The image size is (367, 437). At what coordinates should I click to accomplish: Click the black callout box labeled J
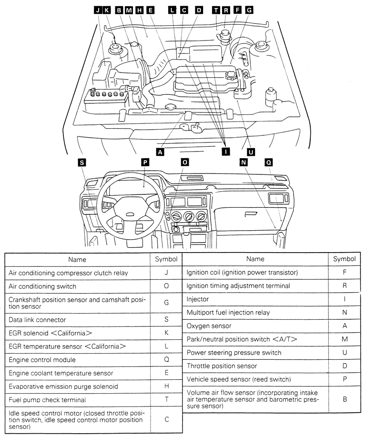tap(98, 10)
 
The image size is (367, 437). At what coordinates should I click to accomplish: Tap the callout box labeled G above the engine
tap(249, 10)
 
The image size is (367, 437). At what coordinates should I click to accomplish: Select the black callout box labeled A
tap(160, 152)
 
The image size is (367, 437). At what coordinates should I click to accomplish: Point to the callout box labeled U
tap(251, 152)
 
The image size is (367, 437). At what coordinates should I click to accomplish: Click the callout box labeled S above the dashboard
tap(82, 163)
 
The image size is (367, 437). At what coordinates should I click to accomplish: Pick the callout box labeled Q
tap(269, 163)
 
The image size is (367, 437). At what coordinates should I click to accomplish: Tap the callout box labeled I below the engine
tap(226, 152)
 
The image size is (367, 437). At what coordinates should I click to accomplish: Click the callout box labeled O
tap(185, 163)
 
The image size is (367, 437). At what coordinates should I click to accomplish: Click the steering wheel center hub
tap(130, 214)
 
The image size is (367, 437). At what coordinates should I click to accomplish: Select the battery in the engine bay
tap(106, 101)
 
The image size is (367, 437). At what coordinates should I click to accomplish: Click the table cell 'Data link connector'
tap(78, 320)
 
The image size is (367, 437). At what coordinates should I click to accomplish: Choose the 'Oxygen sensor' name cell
tap(255, 326)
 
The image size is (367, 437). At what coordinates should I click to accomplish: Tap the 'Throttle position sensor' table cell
tap(255, 366)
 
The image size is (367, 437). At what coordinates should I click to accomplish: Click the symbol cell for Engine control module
tap(166, 360)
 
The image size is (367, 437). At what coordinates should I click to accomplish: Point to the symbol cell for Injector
tap(345, 299)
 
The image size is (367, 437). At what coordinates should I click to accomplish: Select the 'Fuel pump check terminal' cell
tap(78, 400)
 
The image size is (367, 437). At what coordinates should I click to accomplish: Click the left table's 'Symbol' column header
tap(166, 259)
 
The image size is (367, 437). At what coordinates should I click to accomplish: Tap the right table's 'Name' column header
tap(255, 259)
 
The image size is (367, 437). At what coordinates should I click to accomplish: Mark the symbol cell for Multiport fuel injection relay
tap(345, 313)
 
